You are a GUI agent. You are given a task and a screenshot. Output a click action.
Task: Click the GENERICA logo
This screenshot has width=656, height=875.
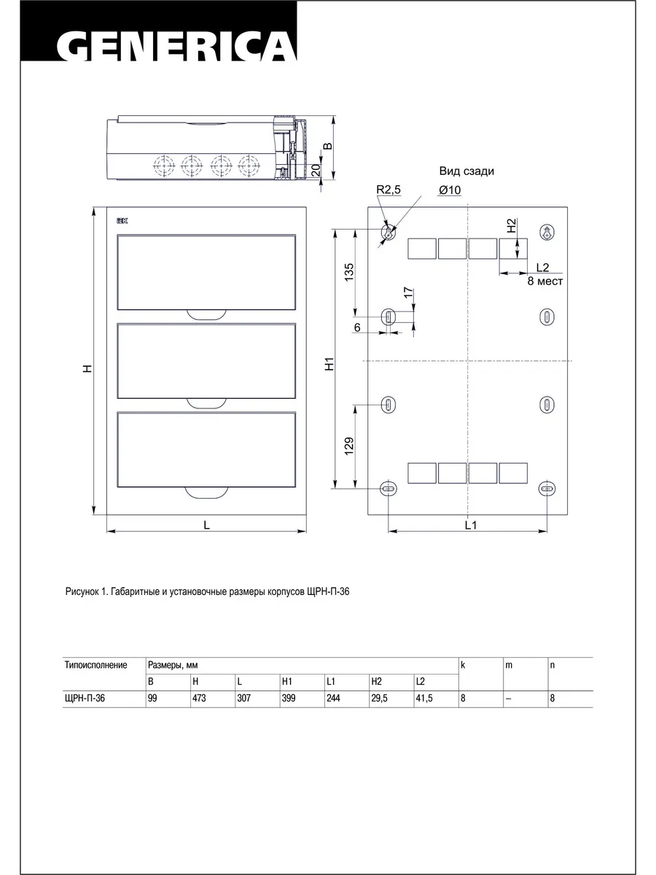click(177, 47)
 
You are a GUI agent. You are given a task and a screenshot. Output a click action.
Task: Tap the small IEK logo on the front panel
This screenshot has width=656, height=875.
click(122, 220)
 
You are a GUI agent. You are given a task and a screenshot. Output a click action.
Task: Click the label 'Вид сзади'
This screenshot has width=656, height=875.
click(466, 171)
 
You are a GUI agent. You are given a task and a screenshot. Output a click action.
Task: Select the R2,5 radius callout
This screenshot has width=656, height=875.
click(388, 190)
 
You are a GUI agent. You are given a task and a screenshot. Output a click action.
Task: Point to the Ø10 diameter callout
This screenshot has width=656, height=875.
click(450, 190)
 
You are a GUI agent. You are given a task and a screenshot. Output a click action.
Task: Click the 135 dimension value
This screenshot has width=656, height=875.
click(349, 272)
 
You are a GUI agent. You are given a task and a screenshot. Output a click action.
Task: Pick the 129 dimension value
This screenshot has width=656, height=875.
click(349, 446)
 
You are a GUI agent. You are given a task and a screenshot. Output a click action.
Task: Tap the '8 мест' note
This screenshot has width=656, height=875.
click(545, 281)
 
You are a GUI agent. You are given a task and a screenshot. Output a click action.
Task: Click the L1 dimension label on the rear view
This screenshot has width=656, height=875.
click(471, 525)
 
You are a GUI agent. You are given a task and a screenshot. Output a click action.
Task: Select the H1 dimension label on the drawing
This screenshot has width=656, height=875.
click(329, 365)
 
